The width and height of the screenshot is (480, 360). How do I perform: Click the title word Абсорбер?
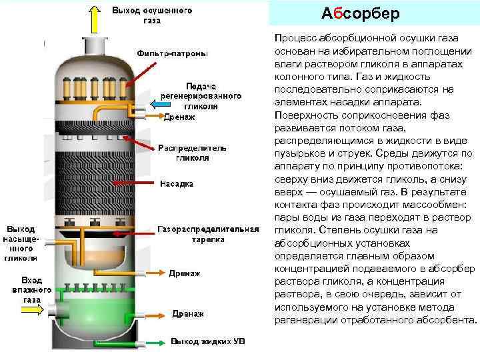[x=360, y=14]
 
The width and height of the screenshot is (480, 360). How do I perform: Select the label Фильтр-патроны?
[x=172, y=53]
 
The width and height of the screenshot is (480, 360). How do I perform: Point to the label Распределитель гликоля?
[x=193, y=153]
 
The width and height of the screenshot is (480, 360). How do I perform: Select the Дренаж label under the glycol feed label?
[x=179, y=117]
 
